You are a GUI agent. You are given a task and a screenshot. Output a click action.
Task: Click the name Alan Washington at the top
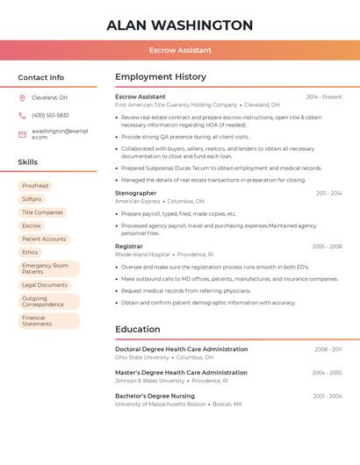(179, 25)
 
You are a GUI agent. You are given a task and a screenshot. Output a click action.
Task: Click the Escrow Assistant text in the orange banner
(179, 51)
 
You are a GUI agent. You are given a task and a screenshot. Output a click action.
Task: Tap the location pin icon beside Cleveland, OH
(22, 97)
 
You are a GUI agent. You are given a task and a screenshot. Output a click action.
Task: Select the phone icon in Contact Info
(22, 115)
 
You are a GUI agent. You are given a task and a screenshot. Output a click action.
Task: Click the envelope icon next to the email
(22, 134)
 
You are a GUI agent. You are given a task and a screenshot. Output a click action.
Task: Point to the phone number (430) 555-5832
(50, 115)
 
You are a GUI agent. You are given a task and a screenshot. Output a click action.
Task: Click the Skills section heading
(28, 162)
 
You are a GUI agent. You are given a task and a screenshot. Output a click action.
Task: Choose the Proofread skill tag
(35, 186)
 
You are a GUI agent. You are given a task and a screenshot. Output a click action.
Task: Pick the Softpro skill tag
(32, 199)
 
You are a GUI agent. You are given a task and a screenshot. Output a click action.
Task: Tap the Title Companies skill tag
(42, 212)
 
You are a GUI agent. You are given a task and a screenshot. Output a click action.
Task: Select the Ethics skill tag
(30, 252)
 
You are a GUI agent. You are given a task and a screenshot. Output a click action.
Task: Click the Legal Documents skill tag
(45, 285)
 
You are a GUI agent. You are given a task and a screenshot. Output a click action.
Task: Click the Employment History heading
(161, 77)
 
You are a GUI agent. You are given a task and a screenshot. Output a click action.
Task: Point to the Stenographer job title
(136, 193)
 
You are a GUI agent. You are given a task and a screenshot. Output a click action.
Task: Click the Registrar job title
(129, 247)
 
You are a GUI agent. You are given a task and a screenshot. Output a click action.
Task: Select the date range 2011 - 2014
(329, 193)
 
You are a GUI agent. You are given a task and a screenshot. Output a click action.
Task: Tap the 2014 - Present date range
(324, 97)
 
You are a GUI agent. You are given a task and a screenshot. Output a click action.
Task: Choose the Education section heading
(138, 330)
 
